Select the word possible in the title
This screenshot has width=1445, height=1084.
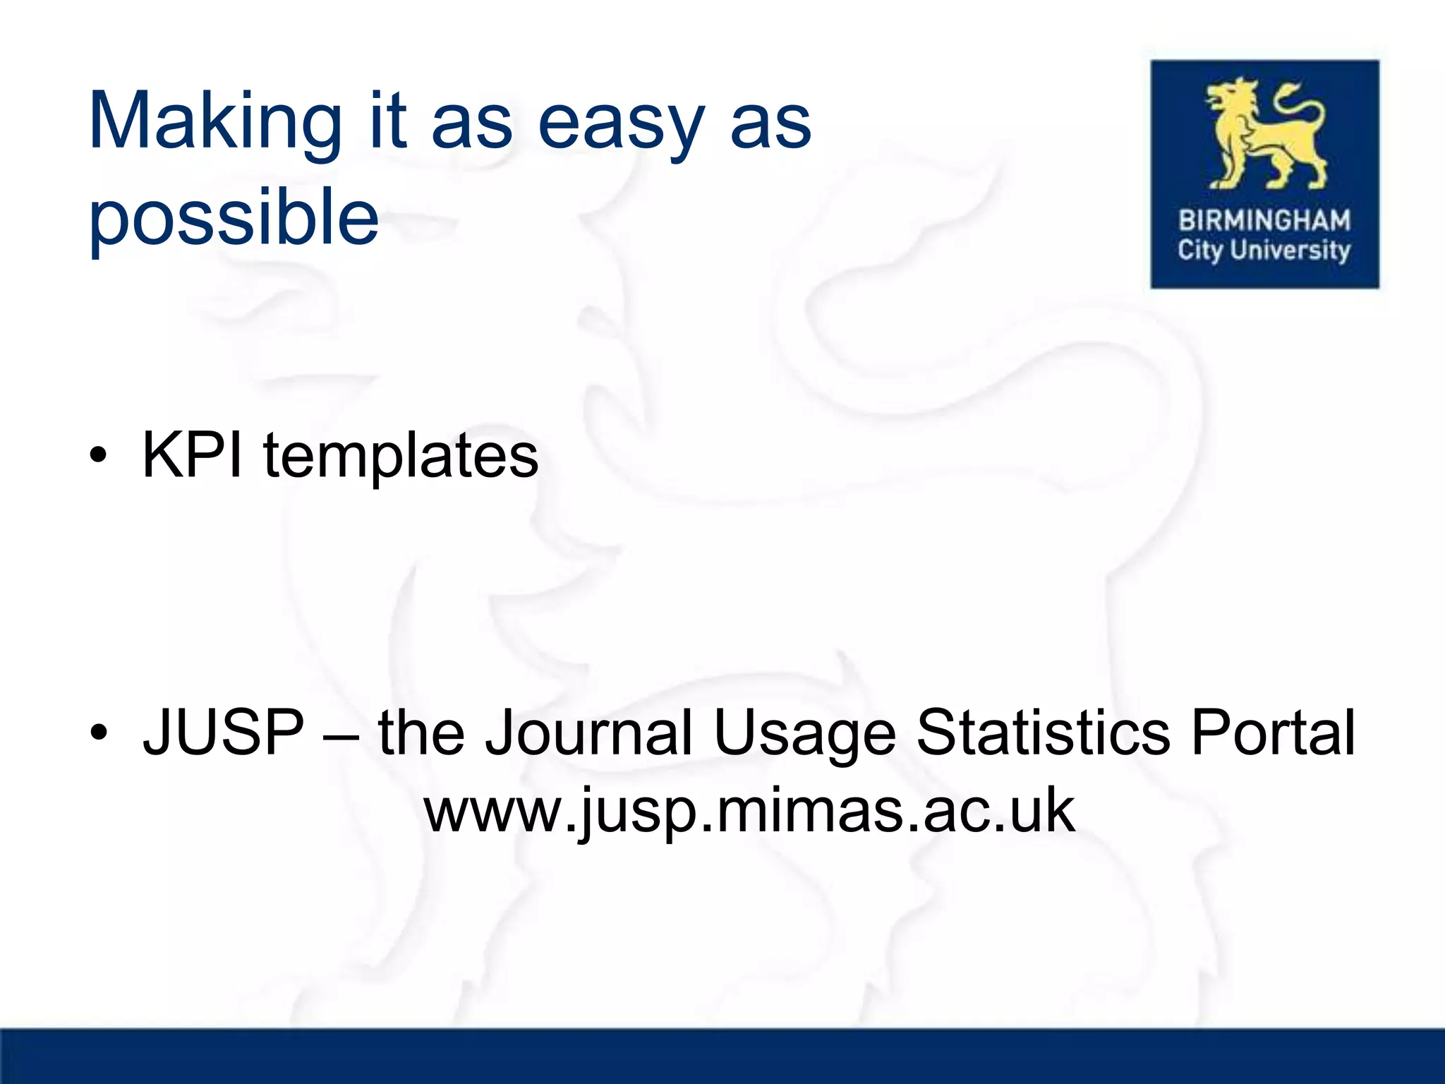tap(234, 219)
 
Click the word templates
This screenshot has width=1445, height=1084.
tap(401, 457)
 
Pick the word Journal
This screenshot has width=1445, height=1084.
tap(589, 734)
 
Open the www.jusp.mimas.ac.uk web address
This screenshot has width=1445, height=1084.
tap(749, 812)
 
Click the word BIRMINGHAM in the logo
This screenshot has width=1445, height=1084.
tap(1264, 220)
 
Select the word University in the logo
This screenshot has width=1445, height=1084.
tap(1290, 251)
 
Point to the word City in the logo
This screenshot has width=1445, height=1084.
tap(1199, 251)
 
